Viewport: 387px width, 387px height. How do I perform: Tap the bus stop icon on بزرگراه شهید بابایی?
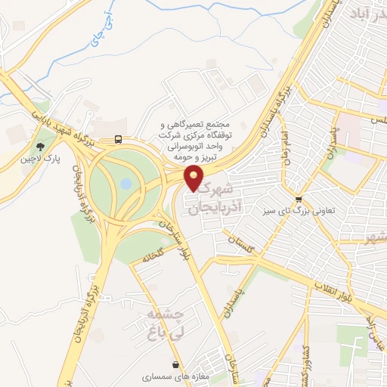(x=117, y=138)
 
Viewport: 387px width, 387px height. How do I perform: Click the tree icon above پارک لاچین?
(x=38, y=147)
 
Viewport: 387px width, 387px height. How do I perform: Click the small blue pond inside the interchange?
(x=126, y=183)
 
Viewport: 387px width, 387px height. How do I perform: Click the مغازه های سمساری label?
(x=170, y=376)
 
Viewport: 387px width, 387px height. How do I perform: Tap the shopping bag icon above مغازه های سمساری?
(x=175, y=364)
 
